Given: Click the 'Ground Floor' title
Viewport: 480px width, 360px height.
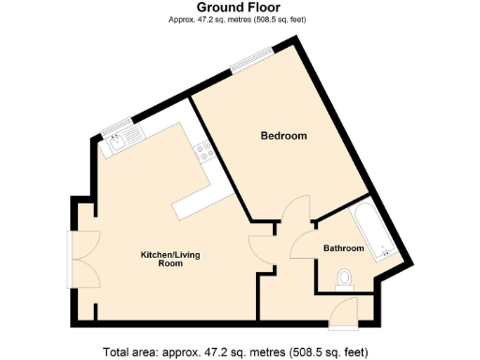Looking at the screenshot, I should coord(239,7).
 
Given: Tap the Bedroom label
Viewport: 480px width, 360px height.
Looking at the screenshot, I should coord(283,137).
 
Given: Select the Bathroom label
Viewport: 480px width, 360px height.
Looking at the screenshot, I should coord(343,248).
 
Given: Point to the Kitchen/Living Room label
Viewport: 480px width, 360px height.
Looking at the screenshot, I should coord(170,260).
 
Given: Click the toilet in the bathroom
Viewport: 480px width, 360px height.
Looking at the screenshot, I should coord(344,277).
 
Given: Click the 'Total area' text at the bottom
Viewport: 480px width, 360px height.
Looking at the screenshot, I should coord(239,352).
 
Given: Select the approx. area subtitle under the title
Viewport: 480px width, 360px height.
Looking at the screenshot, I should coord(239,20).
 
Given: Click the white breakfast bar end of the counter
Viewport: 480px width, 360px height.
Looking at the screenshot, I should coord(194,202).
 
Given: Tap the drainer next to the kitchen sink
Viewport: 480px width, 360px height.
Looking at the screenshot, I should coord(133,139).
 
